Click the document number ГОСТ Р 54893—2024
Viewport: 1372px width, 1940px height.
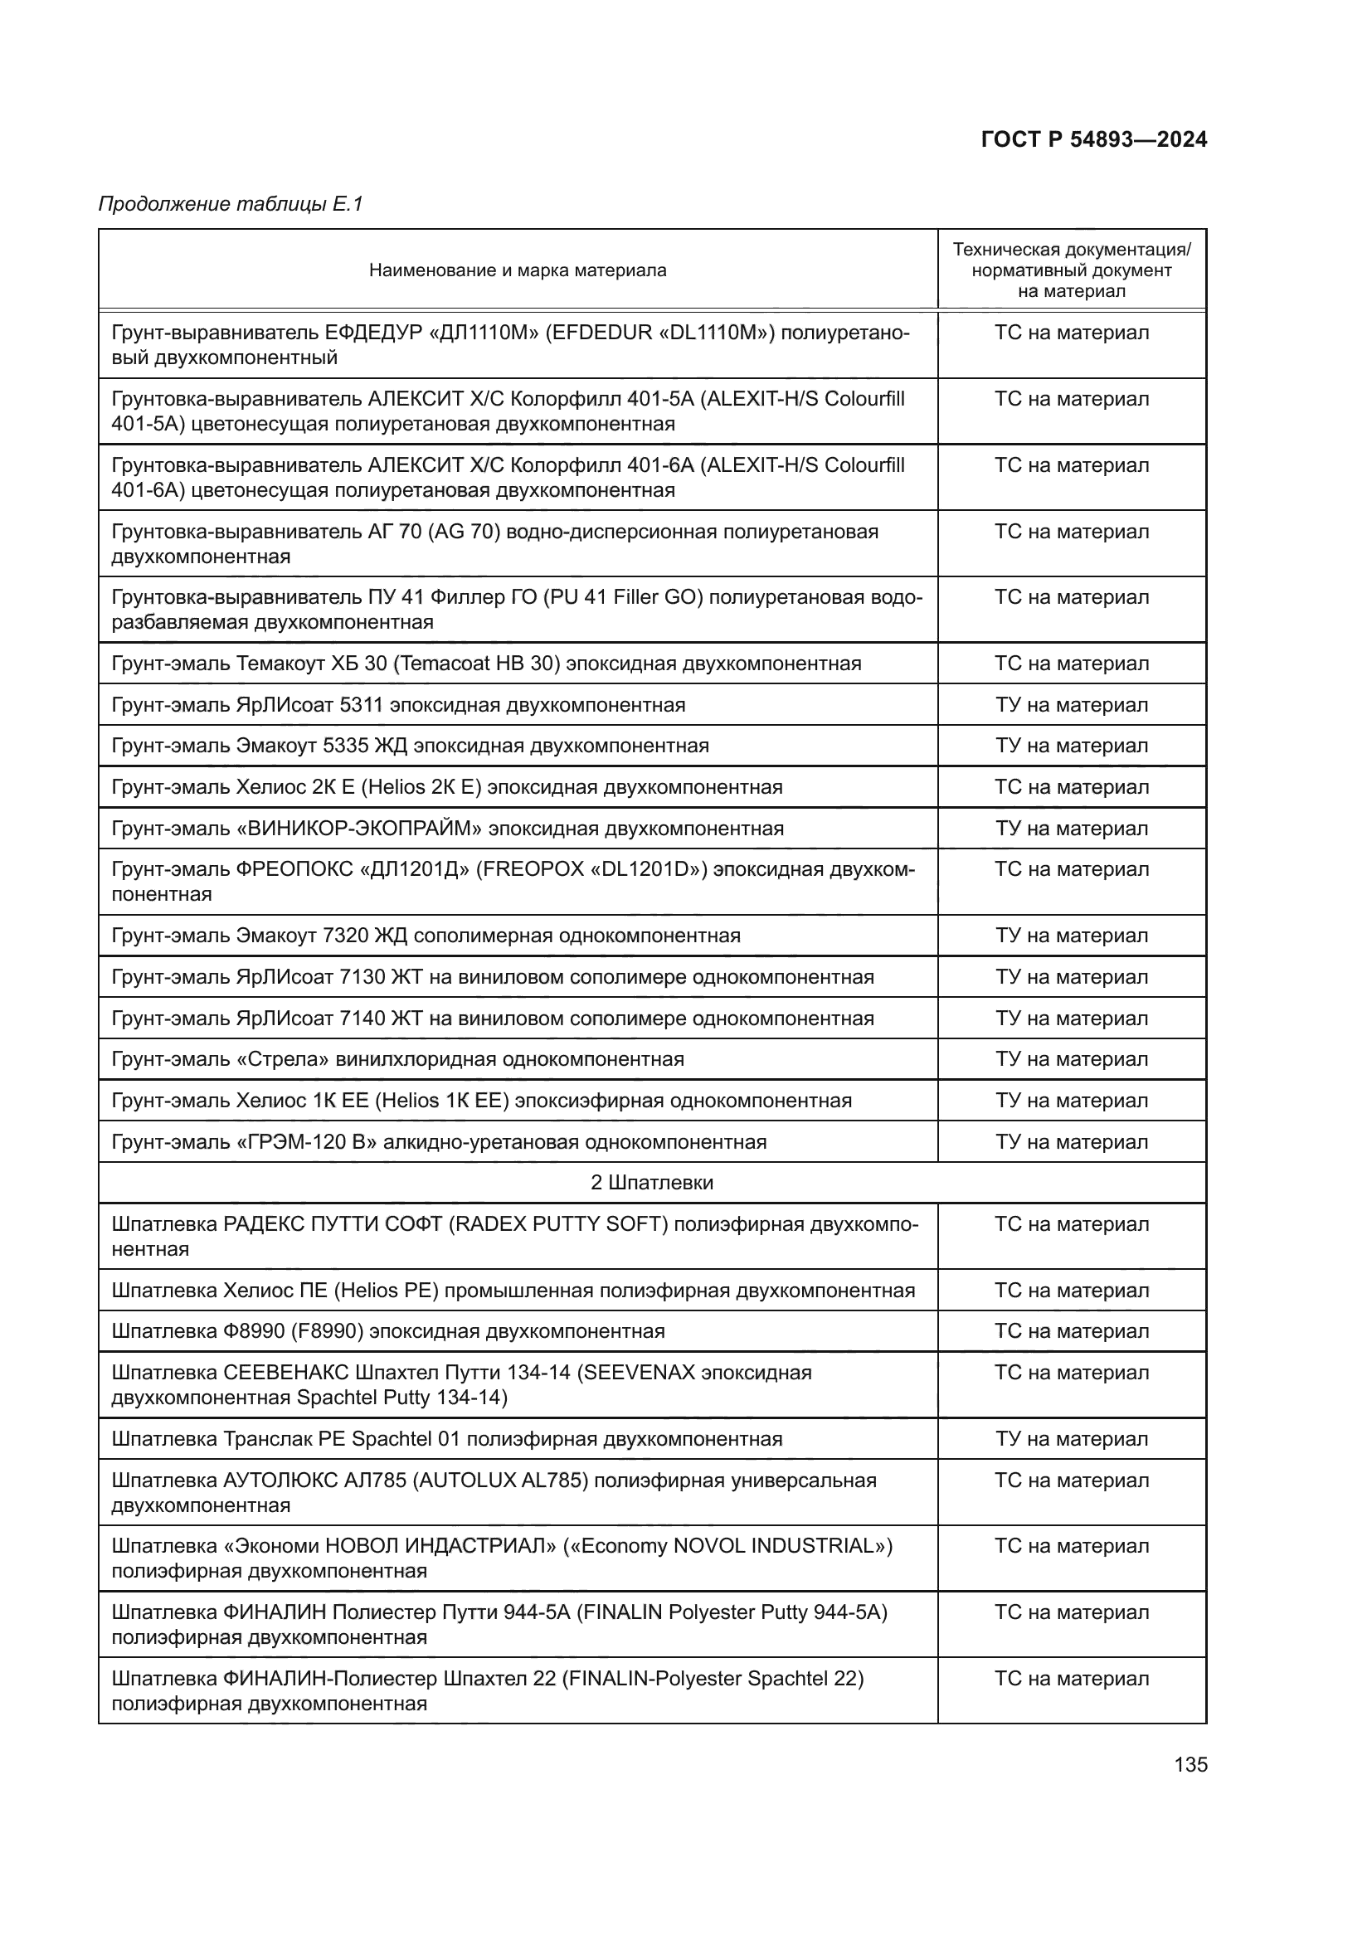[1093, 139]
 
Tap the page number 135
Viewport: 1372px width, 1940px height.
[1190, 1764]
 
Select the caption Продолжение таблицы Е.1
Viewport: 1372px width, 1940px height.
[230, 204]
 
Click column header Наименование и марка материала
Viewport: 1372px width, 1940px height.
[517, 270]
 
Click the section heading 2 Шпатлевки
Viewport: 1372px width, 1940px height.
[651, 1182]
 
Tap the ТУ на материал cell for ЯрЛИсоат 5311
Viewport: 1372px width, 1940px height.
[1070, 705]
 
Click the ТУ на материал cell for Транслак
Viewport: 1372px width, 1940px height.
[1070, 1439]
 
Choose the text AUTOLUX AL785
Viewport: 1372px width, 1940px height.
[499, 1481]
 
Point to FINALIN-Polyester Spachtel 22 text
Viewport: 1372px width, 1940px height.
[712, 1678]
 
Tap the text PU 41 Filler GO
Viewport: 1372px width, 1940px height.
[624, 597]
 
